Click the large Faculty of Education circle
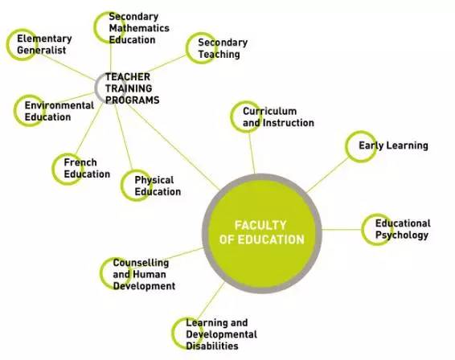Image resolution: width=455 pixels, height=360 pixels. click(x=262, y=234)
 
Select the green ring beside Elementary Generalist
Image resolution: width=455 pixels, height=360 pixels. click(x=8, y=44)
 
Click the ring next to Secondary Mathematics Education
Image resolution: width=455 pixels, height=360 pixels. click(x=96, y=27)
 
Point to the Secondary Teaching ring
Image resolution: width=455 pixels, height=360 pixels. click(x=187, y=48)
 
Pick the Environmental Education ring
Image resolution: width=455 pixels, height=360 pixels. click(x=15, y=111)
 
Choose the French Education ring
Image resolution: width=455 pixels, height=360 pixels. click(x=53, y=169)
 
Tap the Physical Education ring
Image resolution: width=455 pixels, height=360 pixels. click(x=122, y=186)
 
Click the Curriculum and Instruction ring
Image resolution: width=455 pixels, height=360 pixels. click(x=232, y=117)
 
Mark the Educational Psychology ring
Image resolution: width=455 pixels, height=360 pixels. click(x=363, y=230)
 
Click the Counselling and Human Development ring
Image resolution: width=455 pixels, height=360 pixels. click(x=101, y=273)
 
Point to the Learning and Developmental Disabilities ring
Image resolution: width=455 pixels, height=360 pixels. click(x=173, y=333)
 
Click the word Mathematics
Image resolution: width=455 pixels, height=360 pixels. click(x=139, y=28)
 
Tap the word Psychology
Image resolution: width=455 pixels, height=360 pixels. click(x=402, y=235)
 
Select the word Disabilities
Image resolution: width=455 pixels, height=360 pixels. click(x=212, y=346)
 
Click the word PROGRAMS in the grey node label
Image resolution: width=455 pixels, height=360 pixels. click(x=133, y=100)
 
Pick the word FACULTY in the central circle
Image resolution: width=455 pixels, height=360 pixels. click(x=260, y=225)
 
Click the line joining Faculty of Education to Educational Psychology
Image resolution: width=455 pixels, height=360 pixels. click(x=342, y=230)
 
